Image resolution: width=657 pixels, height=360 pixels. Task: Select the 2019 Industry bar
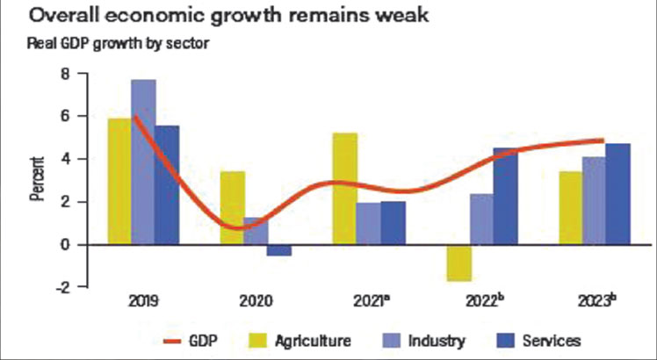(x=143, y=162)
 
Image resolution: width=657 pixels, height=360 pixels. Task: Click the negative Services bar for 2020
(x=279, y=250)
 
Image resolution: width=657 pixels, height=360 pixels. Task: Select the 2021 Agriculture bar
(x=345, y=189)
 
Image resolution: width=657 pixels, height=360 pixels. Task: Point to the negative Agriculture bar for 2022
(x=458, y=263)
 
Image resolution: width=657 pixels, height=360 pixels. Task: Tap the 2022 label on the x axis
(x=483, y=300)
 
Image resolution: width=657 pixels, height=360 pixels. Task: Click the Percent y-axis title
(x=37, y=179)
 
